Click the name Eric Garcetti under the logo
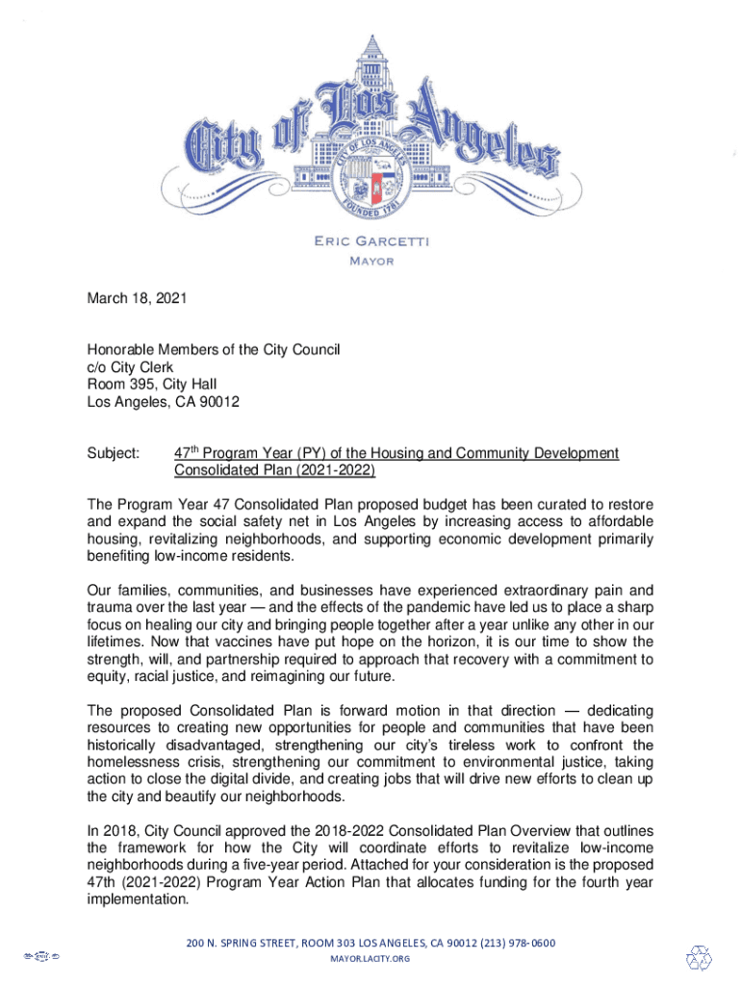click(370, 241)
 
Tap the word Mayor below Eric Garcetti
click(370, 262)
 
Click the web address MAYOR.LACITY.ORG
click(370, 959)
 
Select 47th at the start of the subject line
click(188, 453)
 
